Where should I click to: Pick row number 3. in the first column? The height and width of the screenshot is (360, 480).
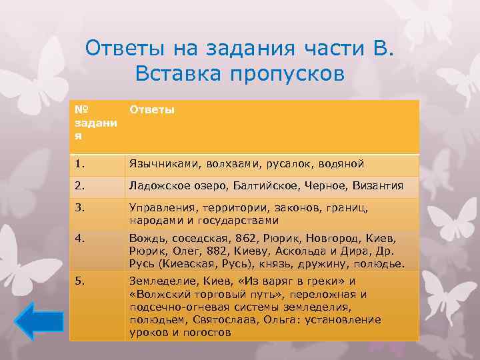tap(79, 207)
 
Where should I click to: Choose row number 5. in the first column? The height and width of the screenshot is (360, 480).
tap(79, 281)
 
